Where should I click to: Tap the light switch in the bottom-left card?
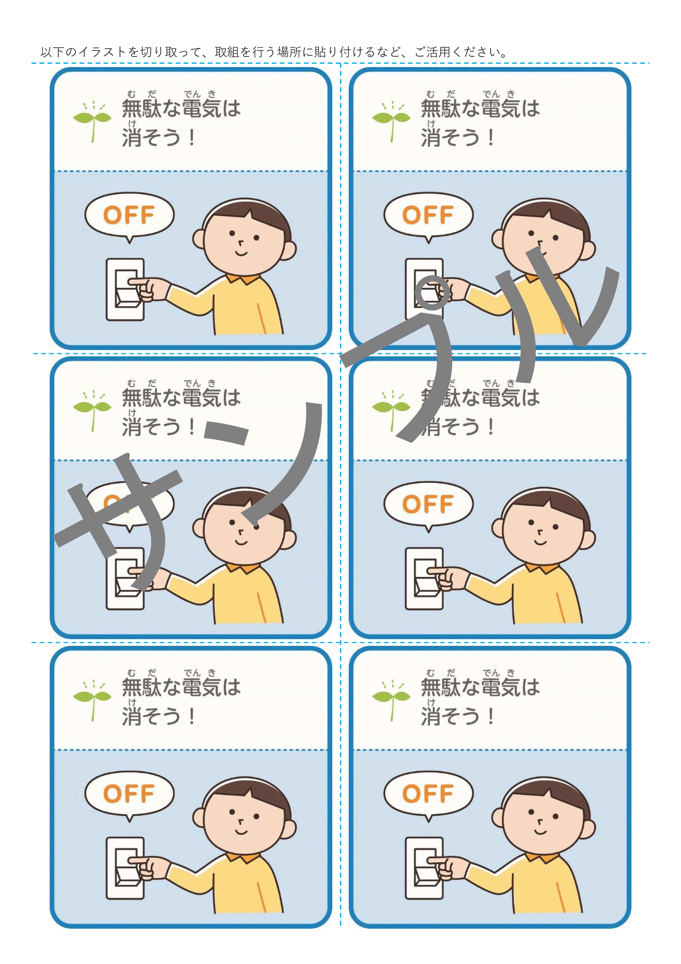125,868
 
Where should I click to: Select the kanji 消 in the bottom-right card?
431,716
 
